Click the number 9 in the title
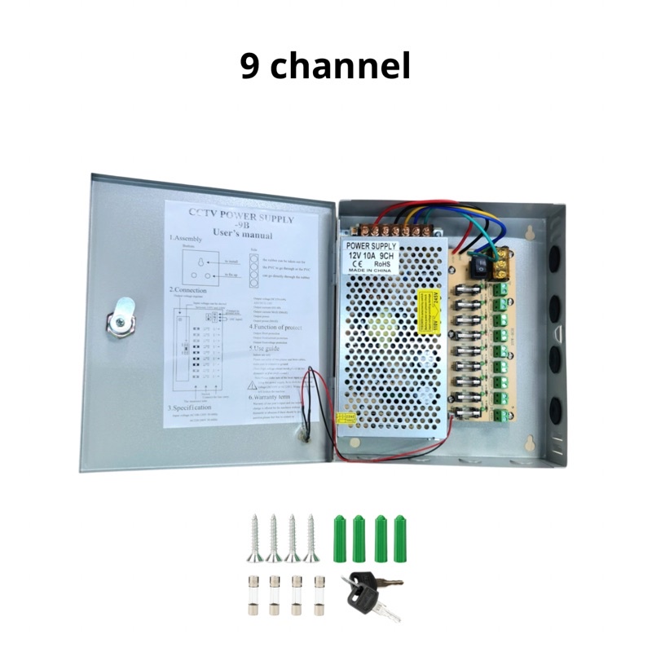[250, 67]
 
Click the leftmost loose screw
[253, 537]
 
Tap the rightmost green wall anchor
[399, 537]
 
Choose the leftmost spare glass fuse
[251, 590]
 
